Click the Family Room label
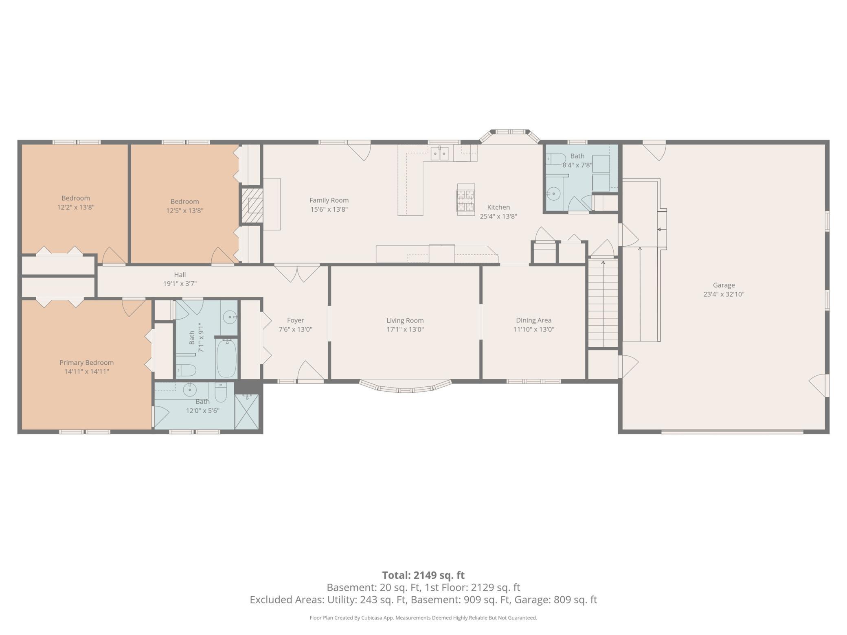coord(329,200)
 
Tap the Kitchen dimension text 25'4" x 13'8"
coord(498,217)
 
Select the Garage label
coord(724,285)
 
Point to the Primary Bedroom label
coord(86,363)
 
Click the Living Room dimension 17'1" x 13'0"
coord(405,329)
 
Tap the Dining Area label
coord(533,320)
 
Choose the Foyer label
coord(295,320)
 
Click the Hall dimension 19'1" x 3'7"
coord(180,284)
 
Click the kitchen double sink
coord(439,153)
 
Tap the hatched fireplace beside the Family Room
coord(252,205)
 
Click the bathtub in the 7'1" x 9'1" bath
coord(226,359)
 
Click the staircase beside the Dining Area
coord(603,303)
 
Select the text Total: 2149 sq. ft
coord(423,575)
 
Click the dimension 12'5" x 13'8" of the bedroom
coord(184,211)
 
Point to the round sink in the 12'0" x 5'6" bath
coord(190,390)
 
